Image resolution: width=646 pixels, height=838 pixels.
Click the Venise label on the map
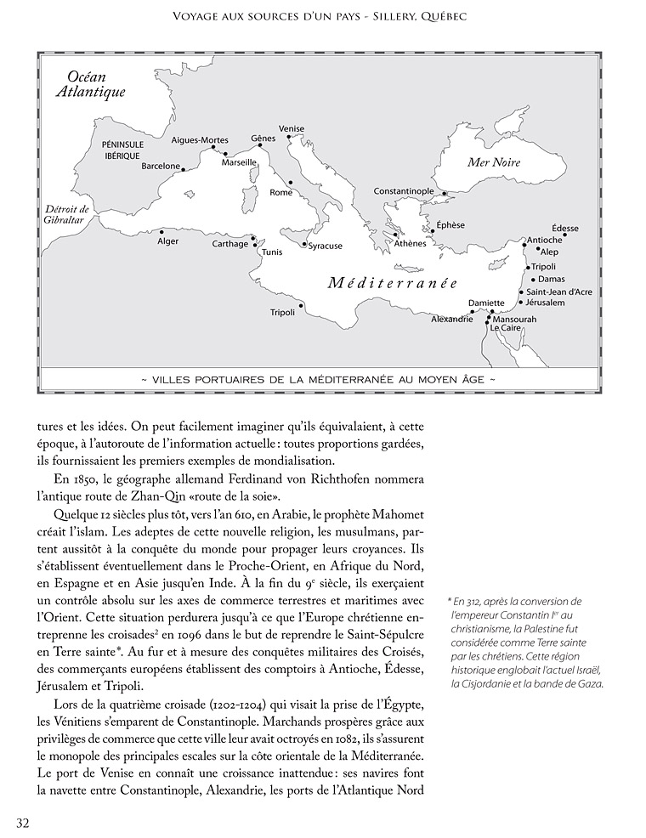pos(292,129)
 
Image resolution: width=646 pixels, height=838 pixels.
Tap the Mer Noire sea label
pos(494,162)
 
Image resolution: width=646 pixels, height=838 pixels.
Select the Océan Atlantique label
pos(90,84)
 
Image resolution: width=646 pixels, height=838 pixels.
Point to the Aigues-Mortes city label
pos(200,140)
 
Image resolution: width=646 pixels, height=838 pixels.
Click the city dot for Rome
pos(290,182)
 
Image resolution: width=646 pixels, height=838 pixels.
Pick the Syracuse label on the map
pos(326,246)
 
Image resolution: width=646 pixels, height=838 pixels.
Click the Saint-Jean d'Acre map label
pos(559,292)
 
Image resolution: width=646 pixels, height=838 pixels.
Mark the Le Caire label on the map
pos(505,328)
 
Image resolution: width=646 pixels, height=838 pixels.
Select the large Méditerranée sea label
pos(393,284)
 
